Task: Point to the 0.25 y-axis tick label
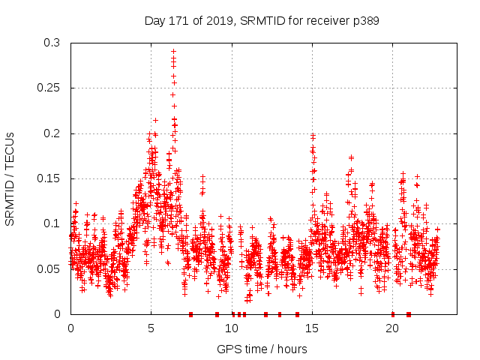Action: pyautogui.click(x=50, y=88)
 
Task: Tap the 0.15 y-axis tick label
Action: pyautogui.click(x=50, y=178)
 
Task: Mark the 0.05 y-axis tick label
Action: pyautogui.click(x=50, y=268)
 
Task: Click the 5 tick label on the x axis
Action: pyautogui.click(x=151, y=328)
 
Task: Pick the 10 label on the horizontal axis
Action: pyautogui.click(x=232, y=328)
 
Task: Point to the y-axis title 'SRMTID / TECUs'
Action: pyautogui.click(x=10, y=178)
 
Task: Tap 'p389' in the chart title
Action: pyautogui.click(x=366, y=21)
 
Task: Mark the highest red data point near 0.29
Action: pyautogui.click(x=173, y=52)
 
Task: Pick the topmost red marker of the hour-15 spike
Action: pyautogui.click(x=313, y=135)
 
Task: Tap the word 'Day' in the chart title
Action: pyautogui.click(x=154, y=21)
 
